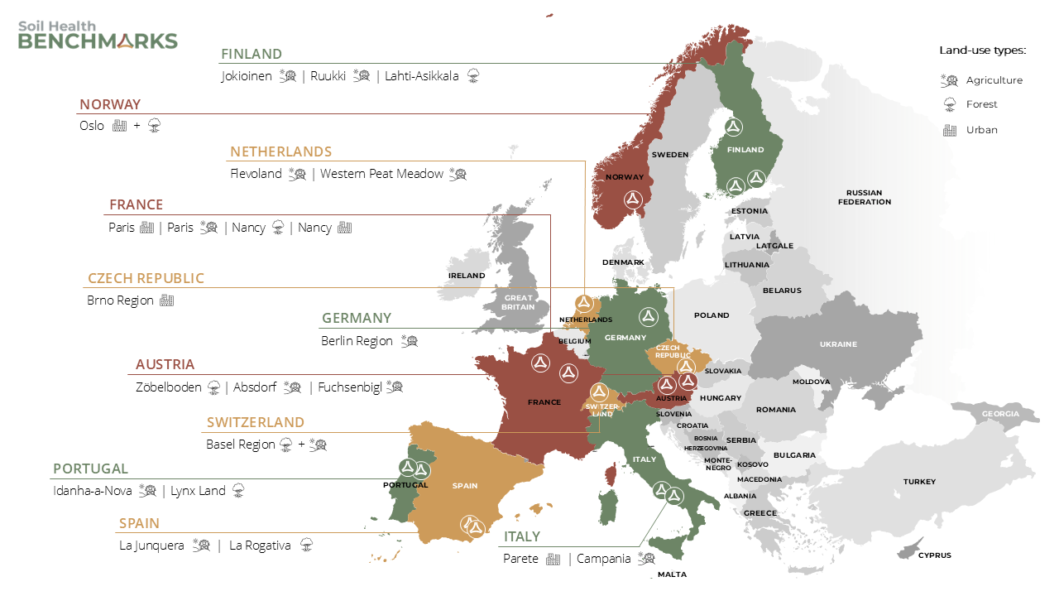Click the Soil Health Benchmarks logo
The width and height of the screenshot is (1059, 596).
(x=98, y=36)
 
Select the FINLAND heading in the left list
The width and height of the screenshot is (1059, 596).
(x=251, y=54)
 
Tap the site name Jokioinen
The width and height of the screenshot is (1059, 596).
(x=247, y=76)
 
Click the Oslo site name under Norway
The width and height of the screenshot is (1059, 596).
(x=92, y=126)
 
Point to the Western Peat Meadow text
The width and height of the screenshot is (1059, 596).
(x=381, y=174)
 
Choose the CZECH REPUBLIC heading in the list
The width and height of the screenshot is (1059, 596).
(x=146, y=278)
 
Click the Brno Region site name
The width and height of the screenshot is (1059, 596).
(x=120, y=300)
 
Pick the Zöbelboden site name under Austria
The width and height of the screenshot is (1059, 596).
(x=170, y=387)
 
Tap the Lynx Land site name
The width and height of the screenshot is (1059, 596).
(x=198, y=491)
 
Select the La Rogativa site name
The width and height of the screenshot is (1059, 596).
(x=260, y=546)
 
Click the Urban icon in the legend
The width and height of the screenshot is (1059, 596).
(x=950, y=130)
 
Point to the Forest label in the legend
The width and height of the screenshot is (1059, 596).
(x=981, y=104)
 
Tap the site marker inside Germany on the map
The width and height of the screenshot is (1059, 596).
(x=648, y=316)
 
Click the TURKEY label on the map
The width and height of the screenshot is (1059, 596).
(x=919, y=482)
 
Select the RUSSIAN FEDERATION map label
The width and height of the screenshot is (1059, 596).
(x=864, y=197)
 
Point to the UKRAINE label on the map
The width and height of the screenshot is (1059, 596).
(x=838, y=344)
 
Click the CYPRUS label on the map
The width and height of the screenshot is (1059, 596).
(x=934, y=555)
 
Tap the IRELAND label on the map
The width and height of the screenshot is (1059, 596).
(x=467, y=276)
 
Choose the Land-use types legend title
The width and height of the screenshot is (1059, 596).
(x=982, y=50)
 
